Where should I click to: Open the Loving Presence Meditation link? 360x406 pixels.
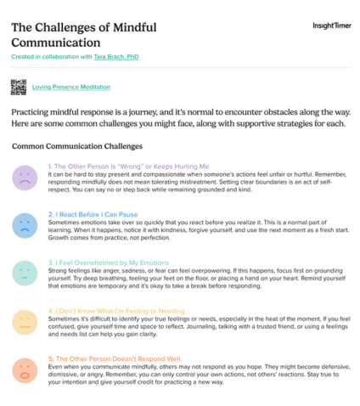[x=70, y=87]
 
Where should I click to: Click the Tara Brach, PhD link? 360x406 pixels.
[x=118, y=56]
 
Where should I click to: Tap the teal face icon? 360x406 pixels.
[x=24, y=273]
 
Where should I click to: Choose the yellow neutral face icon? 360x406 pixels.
[x=24, y=322]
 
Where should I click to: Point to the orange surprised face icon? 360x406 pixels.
[x=24, y=370]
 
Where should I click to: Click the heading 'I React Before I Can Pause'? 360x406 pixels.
[x=98, y=215]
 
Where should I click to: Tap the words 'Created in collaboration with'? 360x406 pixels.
[x=52, y=56]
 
